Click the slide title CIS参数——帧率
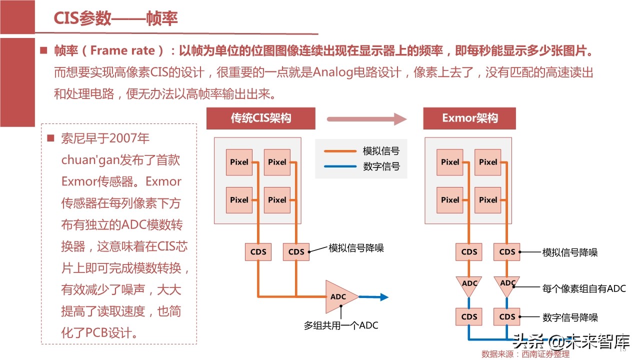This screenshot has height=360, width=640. [115, 19]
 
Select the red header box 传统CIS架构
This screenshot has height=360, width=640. [261, 118]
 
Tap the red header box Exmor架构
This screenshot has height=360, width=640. [469, 118]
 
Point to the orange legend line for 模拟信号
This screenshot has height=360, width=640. [339, 151]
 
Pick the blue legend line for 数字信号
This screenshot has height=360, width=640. [339, 166]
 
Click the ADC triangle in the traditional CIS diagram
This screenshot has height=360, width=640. [339, 296]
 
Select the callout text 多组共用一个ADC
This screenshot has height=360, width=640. [341, 325]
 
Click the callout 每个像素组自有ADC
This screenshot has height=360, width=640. [584, 288]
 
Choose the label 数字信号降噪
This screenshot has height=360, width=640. [570, 317]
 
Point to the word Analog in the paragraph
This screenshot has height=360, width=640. [334, 72]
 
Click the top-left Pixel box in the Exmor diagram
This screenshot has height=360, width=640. [450, 162]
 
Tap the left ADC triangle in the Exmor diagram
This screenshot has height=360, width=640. [469, 283]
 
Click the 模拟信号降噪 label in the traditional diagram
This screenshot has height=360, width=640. [356, 248]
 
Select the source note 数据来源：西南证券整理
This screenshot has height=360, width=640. [525, 354]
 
